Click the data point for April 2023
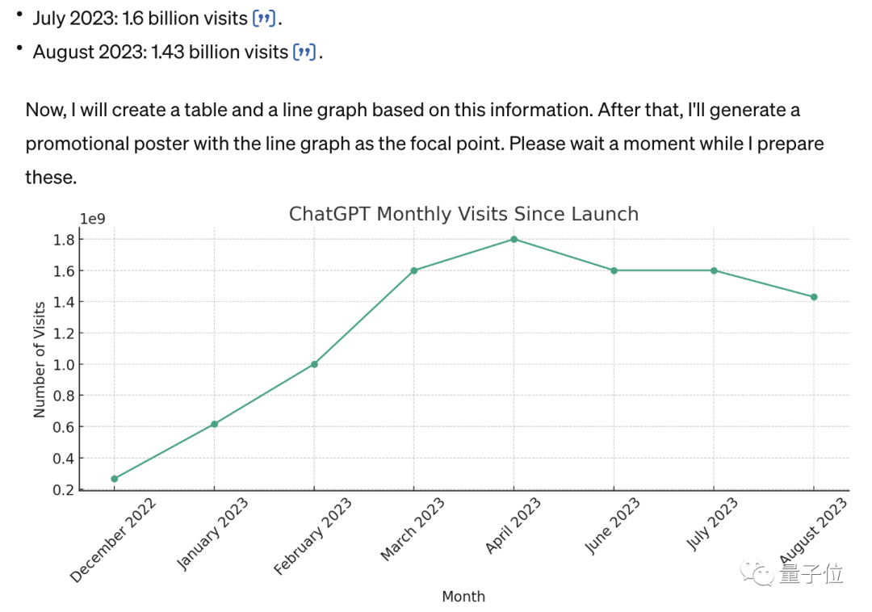(x=514, y=239)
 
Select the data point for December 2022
(x=114, y=479)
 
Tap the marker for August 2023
(x=814, y=297)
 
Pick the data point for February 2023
(x=314, y=364)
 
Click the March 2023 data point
(x=413, y=270)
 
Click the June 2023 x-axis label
(x=613, y=526)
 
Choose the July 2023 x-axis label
(x=713, y=525)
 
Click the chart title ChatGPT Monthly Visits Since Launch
(x=463, y=214)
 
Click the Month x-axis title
(x=463, y=597)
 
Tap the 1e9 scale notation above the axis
(x=92, y=219)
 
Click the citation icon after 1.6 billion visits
(x=265, y=18)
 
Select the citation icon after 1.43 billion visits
(x=304, y=52)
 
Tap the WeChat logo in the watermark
(x=762, y=574)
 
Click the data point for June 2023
(x=614, y=270)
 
